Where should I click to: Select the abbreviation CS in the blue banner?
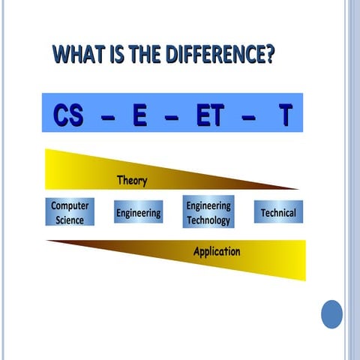[70, 115]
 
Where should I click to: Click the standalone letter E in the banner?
[139, 115]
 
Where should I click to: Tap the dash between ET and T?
[249, 117]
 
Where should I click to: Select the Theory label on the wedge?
[132, 181]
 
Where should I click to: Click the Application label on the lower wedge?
[217, 251]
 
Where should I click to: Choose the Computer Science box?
[70, 212]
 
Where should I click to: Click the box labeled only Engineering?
[138, 213]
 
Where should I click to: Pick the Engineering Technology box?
[208, 212]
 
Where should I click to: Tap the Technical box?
[278, 213]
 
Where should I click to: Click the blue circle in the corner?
[331, 313]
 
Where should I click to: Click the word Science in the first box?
[70, 220]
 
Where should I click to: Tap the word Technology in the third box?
[208, 220]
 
